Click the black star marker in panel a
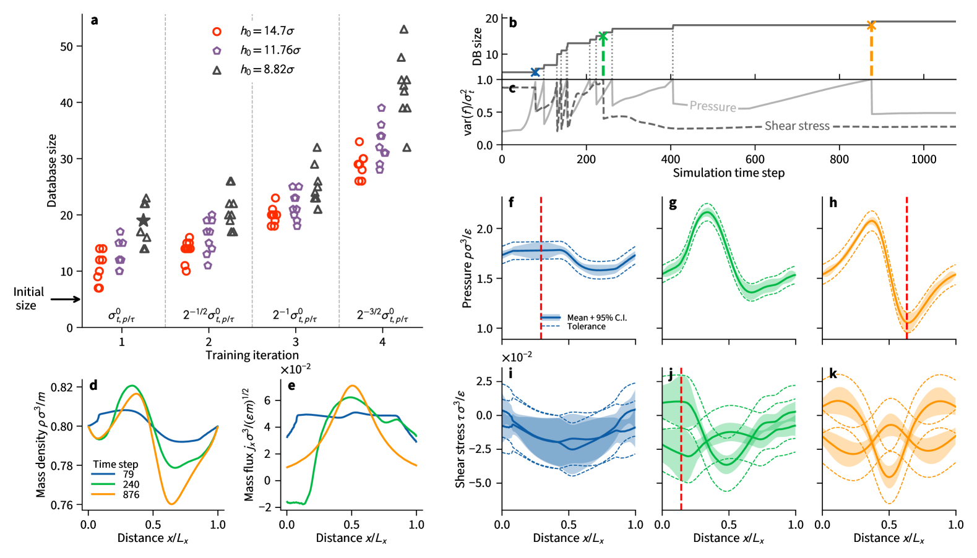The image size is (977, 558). click(x=144, y=221)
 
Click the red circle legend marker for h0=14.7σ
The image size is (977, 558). click(x=217, y=31)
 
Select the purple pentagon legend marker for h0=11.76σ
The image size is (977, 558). click(x=217, y=51)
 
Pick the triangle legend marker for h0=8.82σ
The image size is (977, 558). click(x=217, y=70)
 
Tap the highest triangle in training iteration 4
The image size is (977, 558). click(x=404, y=29)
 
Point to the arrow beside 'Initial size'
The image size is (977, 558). click(x=66, y=299)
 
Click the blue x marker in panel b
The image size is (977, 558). click(x=535, y=72)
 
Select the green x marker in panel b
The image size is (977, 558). click(x=603, y=36)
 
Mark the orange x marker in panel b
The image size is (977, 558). click(x=871, y=25)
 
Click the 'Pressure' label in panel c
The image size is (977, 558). click(x=713, y=106)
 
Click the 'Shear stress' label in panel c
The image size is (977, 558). click(x=797, y=126)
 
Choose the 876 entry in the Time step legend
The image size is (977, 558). click(x=131, y=494)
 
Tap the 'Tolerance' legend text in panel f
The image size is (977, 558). click(x=586, y=326)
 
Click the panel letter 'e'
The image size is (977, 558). click(x=291, y=386)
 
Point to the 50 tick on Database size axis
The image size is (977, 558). click(x=66, y=46)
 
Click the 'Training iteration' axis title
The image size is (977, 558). click(x=252, y=355)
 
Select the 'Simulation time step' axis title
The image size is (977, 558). click(x=728, y=173)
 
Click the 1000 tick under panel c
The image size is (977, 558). click(x=924, y=159)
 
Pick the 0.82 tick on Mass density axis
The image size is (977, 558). click(x=64, y=387)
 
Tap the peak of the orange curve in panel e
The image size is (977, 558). click(x=352, y=386)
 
